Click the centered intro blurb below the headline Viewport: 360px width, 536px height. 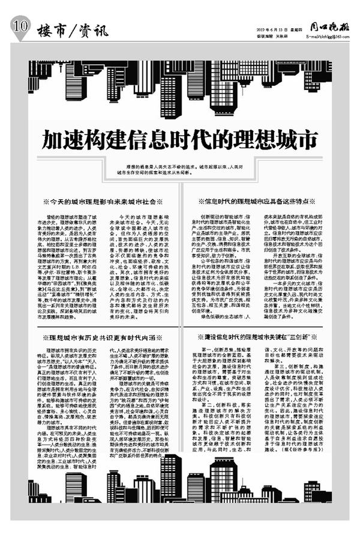click(x=180, y=174)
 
